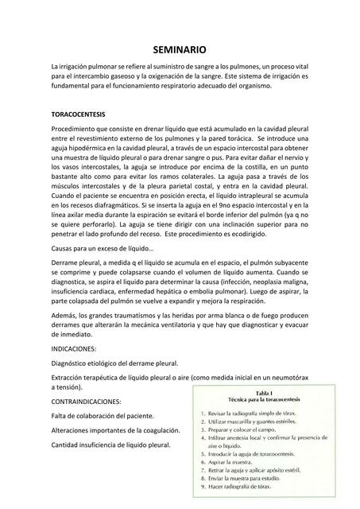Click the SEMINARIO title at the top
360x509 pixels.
pos(180,49)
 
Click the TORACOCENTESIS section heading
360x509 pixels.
pos(78,115)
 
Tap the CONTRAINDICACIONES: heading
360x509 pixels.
pos(86,401)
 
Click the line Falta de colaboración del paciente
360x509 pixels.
pos(103,416)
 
